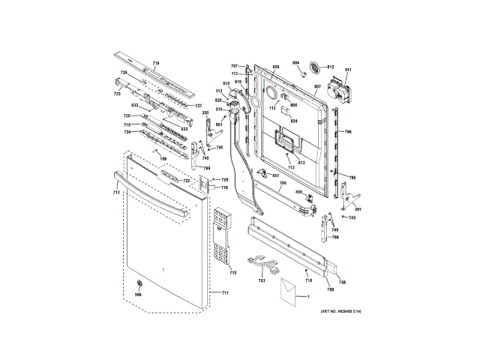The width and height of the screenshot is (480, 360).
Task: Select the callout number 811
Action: coord(348,70)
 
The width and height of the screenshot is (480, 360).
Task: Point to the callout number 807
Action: coord(318,86)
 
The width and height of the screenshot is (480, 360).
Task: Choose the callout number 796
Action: coord(348,132)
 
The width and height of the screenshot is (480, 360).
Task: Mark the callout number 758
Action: coord(341,283)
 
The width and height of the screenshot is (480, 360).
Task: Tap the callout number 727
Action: coord(199,106)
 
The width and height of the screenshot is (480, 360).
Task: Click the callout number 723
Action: coord(117,94)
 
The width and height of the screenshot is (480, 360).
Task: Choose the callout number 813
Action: coord(301,163)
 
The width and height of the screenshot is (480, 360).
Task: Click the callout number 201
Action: coord(358,208)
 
